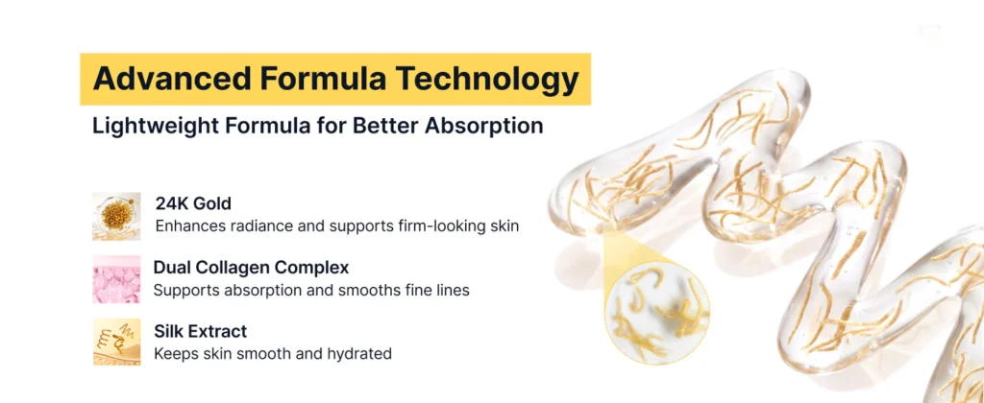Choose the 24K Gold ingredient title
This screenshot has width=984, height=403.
(x=193, y=203)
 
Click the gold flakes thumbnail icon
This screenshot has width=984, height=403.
(x=116, y=216)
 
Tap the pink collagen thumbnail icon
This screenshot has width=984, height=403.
(x=116, y=279)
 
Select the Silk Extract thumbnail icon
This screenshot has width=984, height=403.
(x=116, y=342)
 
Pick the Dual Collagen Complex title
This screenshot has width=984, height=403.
(x=251, y=268)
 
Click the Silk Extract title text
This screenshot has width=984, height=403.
(x=200, y=331)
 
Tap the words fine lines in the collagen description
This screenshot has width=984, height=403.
(x=438, y=291)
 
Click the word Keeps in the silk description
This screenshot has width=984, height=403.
(x=172, y=354)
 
